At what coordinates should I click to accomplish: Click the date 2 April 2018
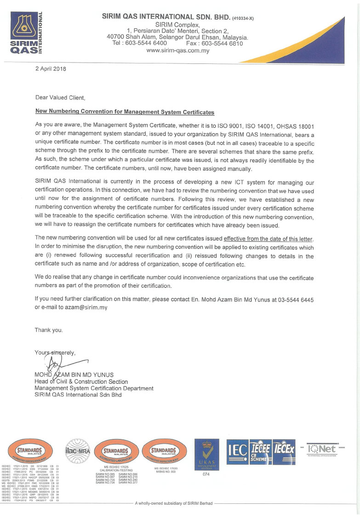coord(51,68)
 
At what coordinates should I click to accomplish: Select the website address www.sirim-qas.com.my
coord(177,51)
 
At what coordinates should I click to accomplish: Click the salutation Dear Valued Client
coord(60,97)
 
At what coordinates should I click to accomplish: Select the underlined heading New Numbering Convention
coord(125,112)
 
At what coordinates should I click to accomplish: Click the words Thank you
coord(49,330)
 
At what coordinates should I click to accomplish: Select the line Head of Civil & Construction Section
coord(81,382)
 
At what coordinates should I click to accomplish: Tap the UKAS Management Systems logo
coord(206,455)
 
